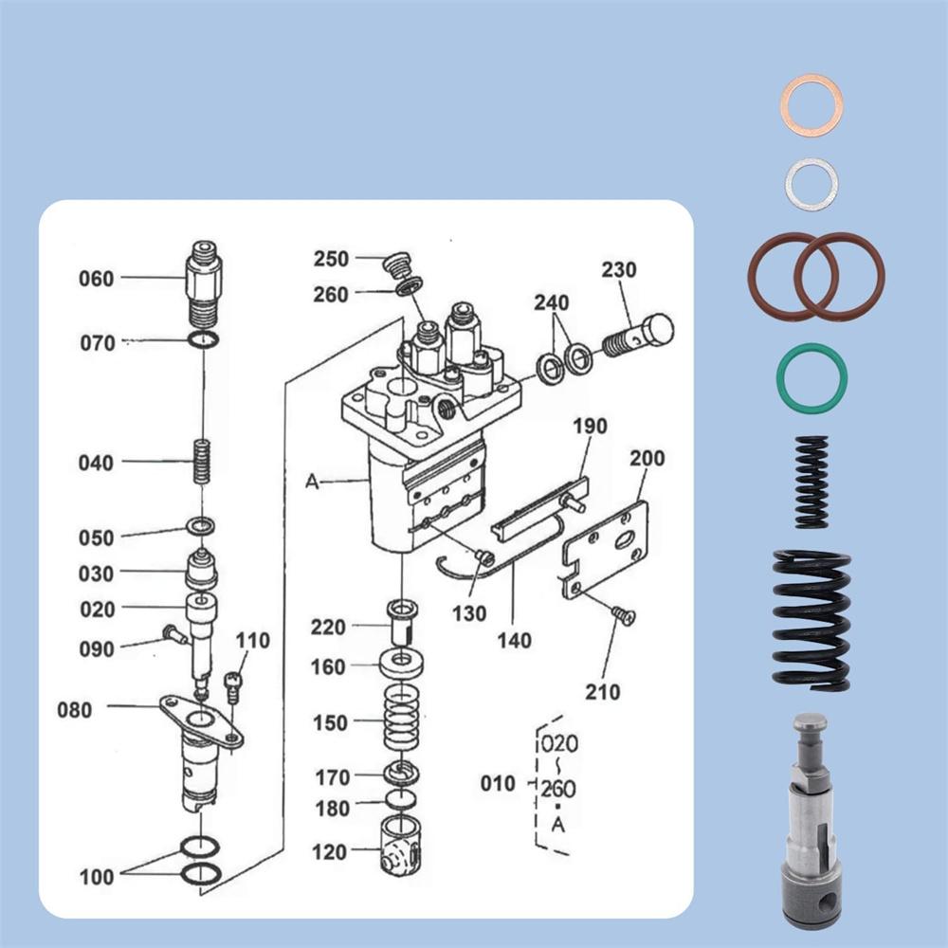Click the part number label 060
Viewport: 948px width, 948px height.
96,279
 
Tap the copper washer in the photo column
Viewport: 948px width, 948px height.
811,104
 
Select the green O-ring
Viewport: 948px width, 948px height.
811,378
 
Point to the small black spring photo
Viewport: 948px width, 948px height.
811,482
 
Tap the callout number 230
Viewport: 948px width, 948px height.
620,270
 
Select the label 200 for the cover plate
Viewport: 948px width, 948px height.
647,459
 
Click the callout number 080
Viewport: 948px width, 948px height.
76,709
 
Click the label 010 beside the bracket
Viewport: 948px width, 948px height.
497,784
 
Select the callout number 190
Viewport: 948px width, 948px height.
589,427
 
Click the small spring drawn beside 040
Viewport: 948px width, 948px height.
201,462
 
